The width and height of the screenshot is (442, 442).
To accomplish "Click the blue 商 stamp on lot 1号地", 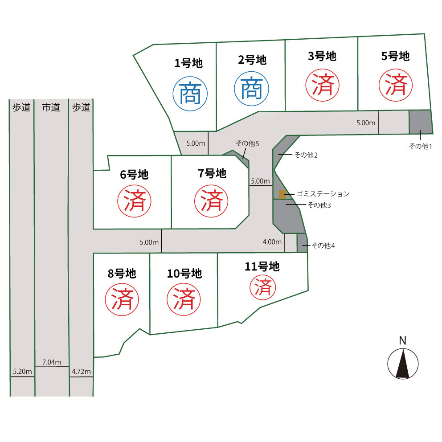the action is [x=190, y=94].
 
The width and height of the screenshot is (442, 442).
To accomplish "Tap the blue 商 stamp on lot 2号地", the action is [x=251, y=89].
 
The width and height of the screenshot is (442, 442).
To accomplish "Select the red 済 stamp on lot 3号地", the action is [x=323, y=85].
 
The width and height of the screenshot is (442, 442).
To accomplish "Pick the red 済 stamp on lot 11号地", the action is [x=263, y=287].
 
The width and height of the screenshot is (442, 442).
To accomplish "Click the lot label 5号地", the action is [x=395, y=56].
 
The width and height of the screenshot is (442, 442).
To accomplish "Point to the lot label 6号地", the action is [x=134, y=175].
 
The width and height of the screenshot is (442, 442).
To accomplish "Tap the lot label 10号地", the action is [x=184, y=274].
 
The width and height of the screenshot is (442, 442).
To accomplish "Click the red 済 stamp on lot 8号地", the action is [x=122, y=299].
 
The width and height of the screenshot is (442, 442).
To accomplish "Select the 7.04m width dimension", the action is [x=52, y=362].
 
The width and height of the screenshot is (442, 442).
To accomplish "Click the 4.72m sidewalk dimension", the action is [x=81, y=372].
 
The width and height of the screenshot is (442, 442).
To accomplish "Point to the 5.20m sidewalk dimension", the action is [x=22, y=372].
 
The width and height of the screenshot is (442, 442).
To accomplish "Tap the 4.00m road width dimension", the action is [x=272, y=242].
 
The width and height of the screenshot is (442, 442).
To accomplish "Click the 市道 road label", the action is [x=51, y=107].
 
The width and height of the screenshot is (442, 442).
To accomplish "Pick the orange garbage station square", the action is [x=282, y=194].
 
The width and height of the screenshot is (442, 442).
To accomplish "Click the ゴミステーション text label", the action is [x=323, y=194].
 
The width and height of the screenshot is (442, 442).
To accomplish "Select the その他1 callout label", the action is [x=420, y=146].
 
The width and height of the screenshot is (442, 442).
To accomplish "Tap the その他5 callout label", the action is [x=247, y=143].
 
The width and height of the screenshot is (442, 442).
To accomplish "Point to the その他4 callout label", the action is [x=323, y=246].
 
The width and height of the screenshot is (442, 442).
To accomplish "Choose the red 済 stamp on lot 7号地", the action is [x=211, y=201].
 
